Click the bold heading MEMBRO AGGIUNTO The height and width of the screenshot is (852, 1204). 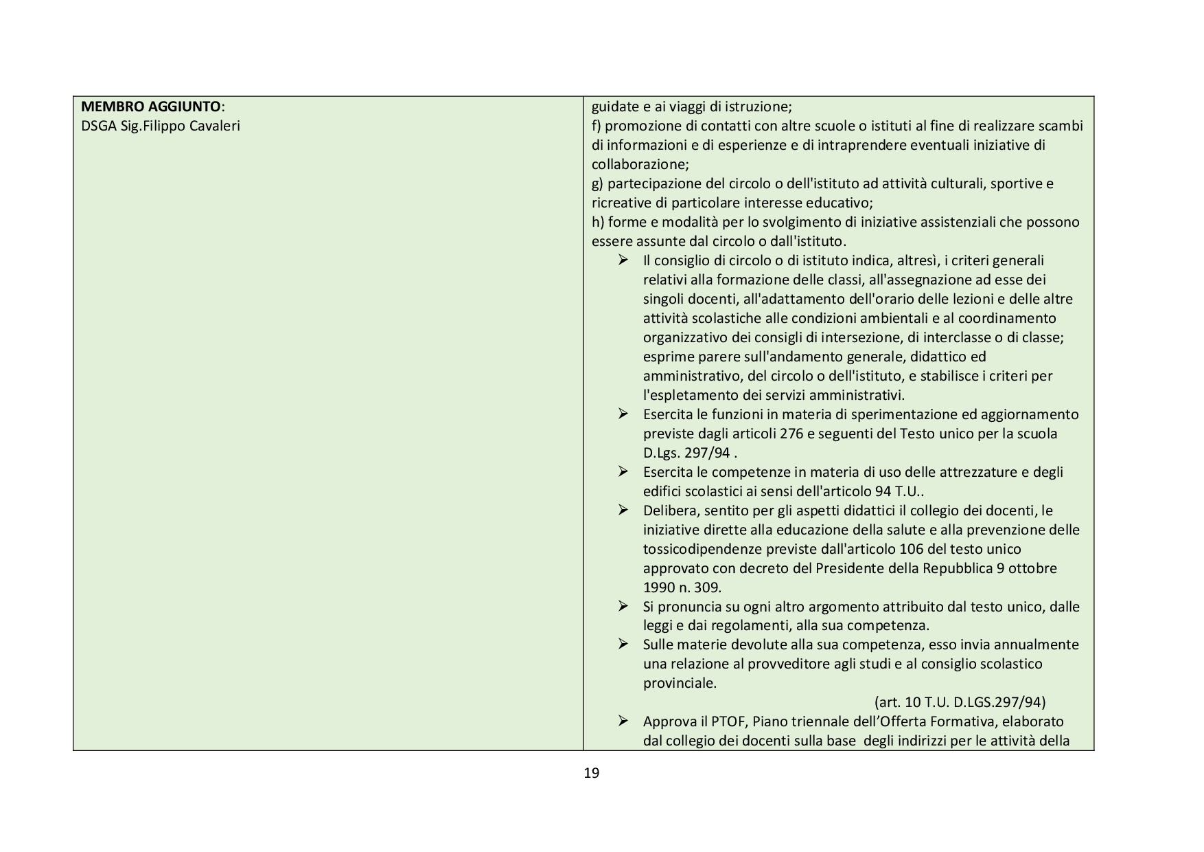click(x=151, y=107)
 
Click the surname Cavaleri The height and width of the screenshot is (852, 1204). click(x=213, y=126)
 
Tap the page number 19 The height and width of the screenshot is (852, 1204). click(x=591, y=773)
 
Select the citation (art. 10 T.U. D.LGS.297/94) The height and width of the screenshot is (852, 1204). click(x=960, y=702)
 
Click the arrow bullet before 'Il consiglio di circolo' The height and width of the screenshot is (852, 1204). click(x=623, y=260)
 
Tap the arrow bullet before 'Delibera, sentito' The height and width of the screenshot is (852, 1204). click(x=623, y=511)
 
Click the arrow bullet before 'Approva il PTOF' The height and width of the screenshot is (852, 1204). click(x=623, y=721)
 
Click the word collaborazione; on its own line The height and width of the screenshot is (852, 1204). click(x=640, y=165)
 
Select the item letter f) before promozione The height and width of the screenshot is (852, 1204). click(x=597, y=126)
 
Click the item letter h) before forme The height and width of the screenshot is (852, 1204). click(x=598, y=222)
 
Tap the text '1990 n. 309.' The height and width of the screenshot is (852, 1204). click(x=682, y=587)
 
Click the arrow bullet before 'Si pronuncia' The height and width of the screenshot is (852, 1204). click(x=623, y=607)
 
